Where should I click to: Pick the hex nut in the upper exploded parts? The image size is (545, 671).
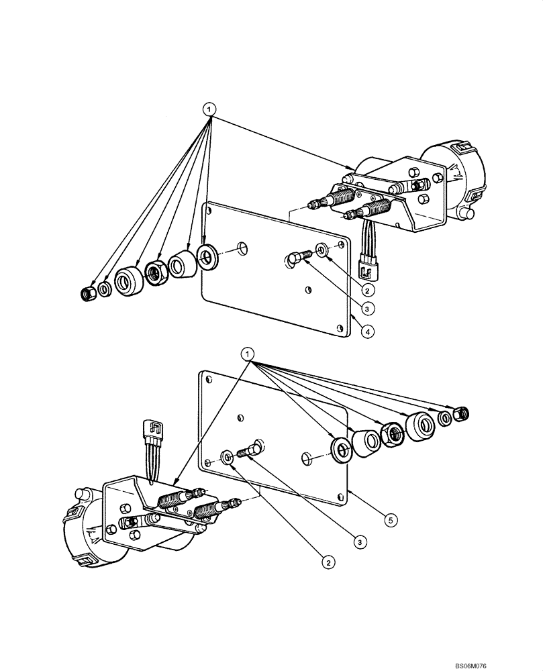click(x=157, y=272)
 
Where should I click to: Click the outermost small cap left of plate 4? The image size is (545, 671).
click(x=87, y=292)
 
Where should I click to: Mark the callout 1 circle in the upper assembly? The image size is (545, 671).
click(x=210, y=108)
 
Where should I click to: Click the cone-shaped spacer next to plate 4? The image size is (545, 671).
click(x=181, y=264)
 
